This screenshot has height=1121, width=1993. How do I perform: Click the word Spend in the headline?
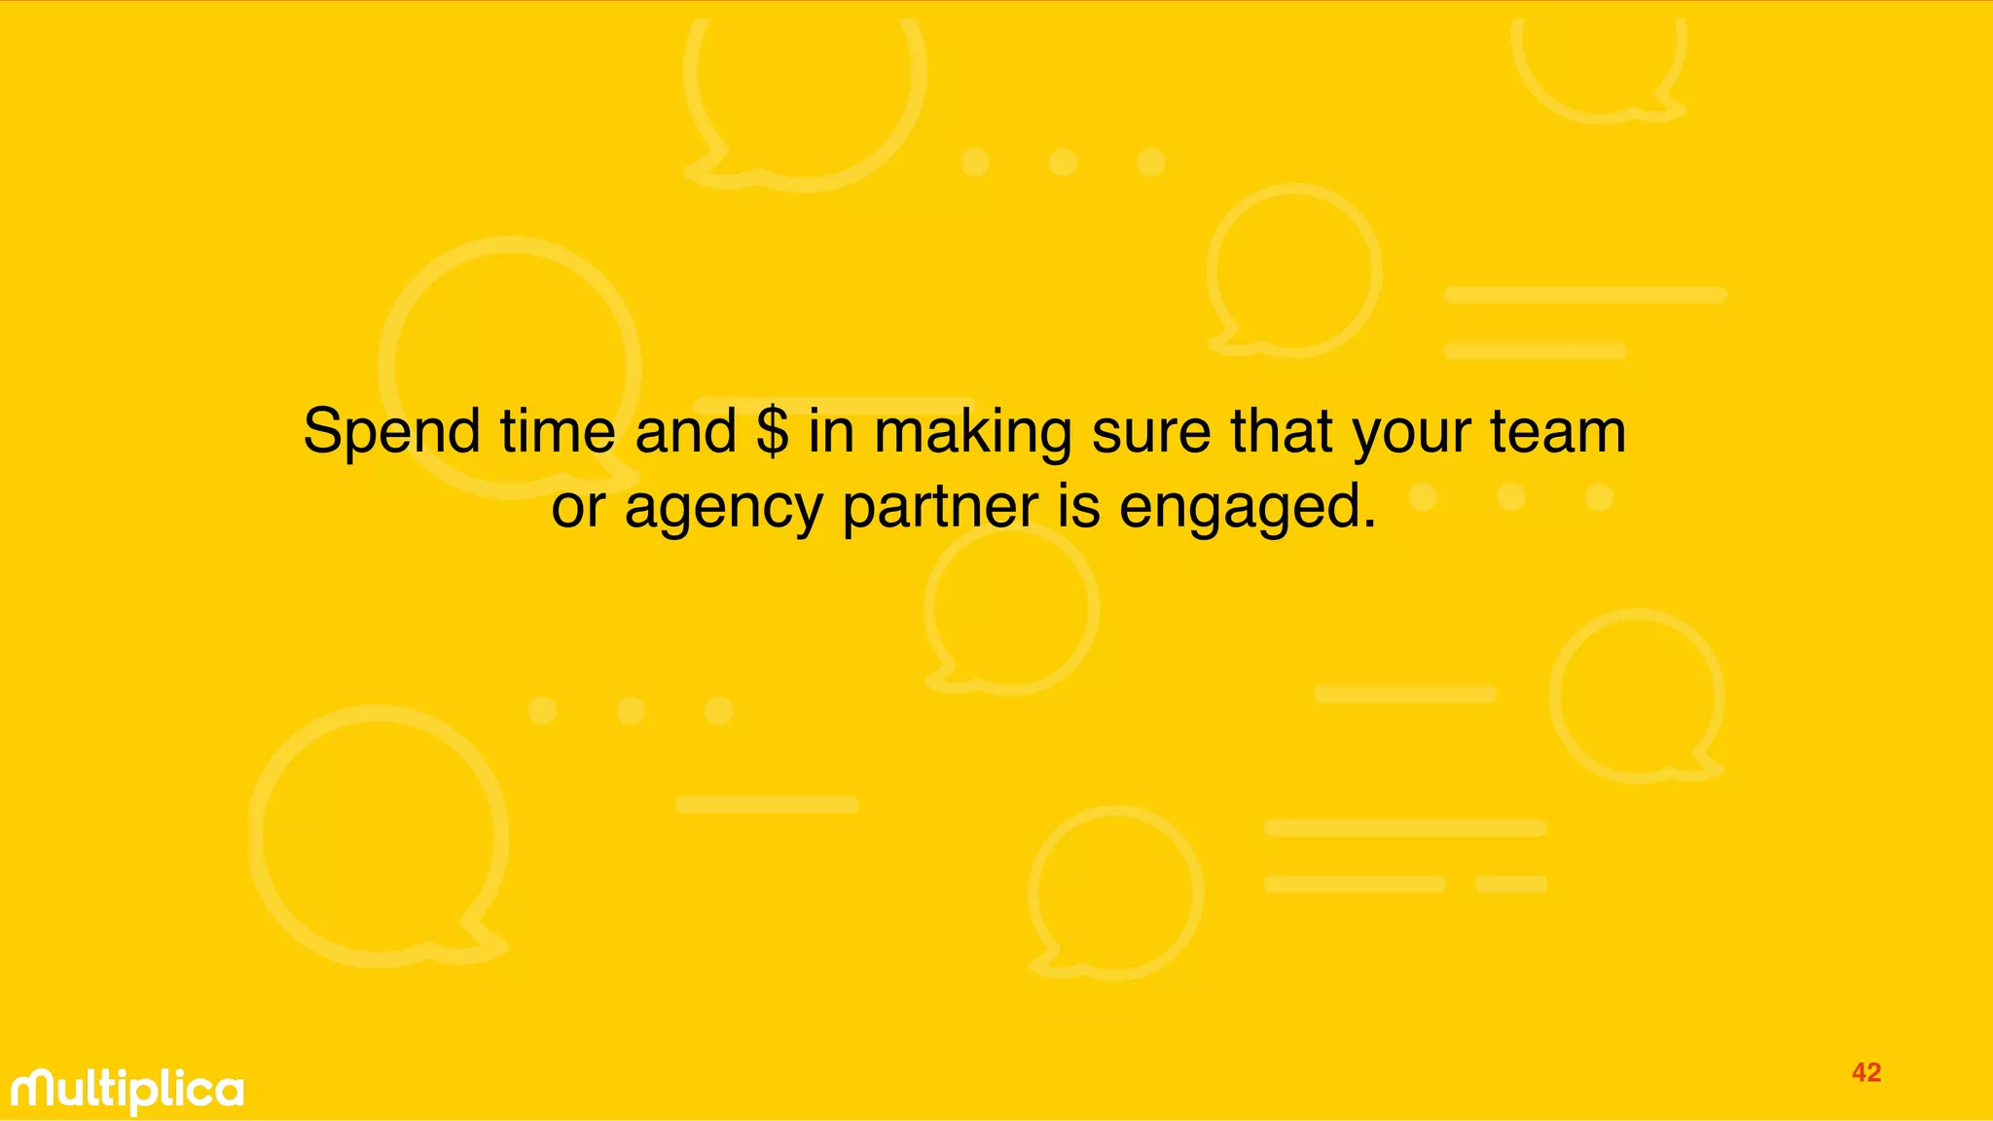(x=391, y=431)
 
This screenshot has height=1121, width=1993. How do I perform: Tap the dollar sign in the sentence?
(x=772, y=431)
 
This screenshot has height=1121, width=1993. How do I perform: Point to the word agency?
(x=723, y=509)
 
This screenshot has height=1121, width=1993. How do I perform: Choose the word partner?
(x=941, y=507)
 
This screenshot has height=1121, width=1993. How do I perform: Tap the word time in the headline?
(x=558, y=431)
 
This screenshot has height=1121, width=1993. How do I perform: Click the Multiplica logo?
(x=127, y=1091)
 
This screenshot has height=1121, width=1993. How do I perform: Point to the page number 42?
(x=1866, y=1072)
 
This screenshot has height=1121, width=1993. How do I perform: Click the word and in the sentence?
(x=686, y=431)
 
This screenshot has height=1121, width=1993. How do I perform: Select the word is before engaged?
(x=1079, y=507)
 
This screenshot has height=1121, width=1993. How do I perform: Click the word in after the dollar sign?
(x=831, y=431)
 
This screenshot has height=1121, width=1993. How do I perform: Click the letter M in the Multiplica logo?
(x=38, y=1090)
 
